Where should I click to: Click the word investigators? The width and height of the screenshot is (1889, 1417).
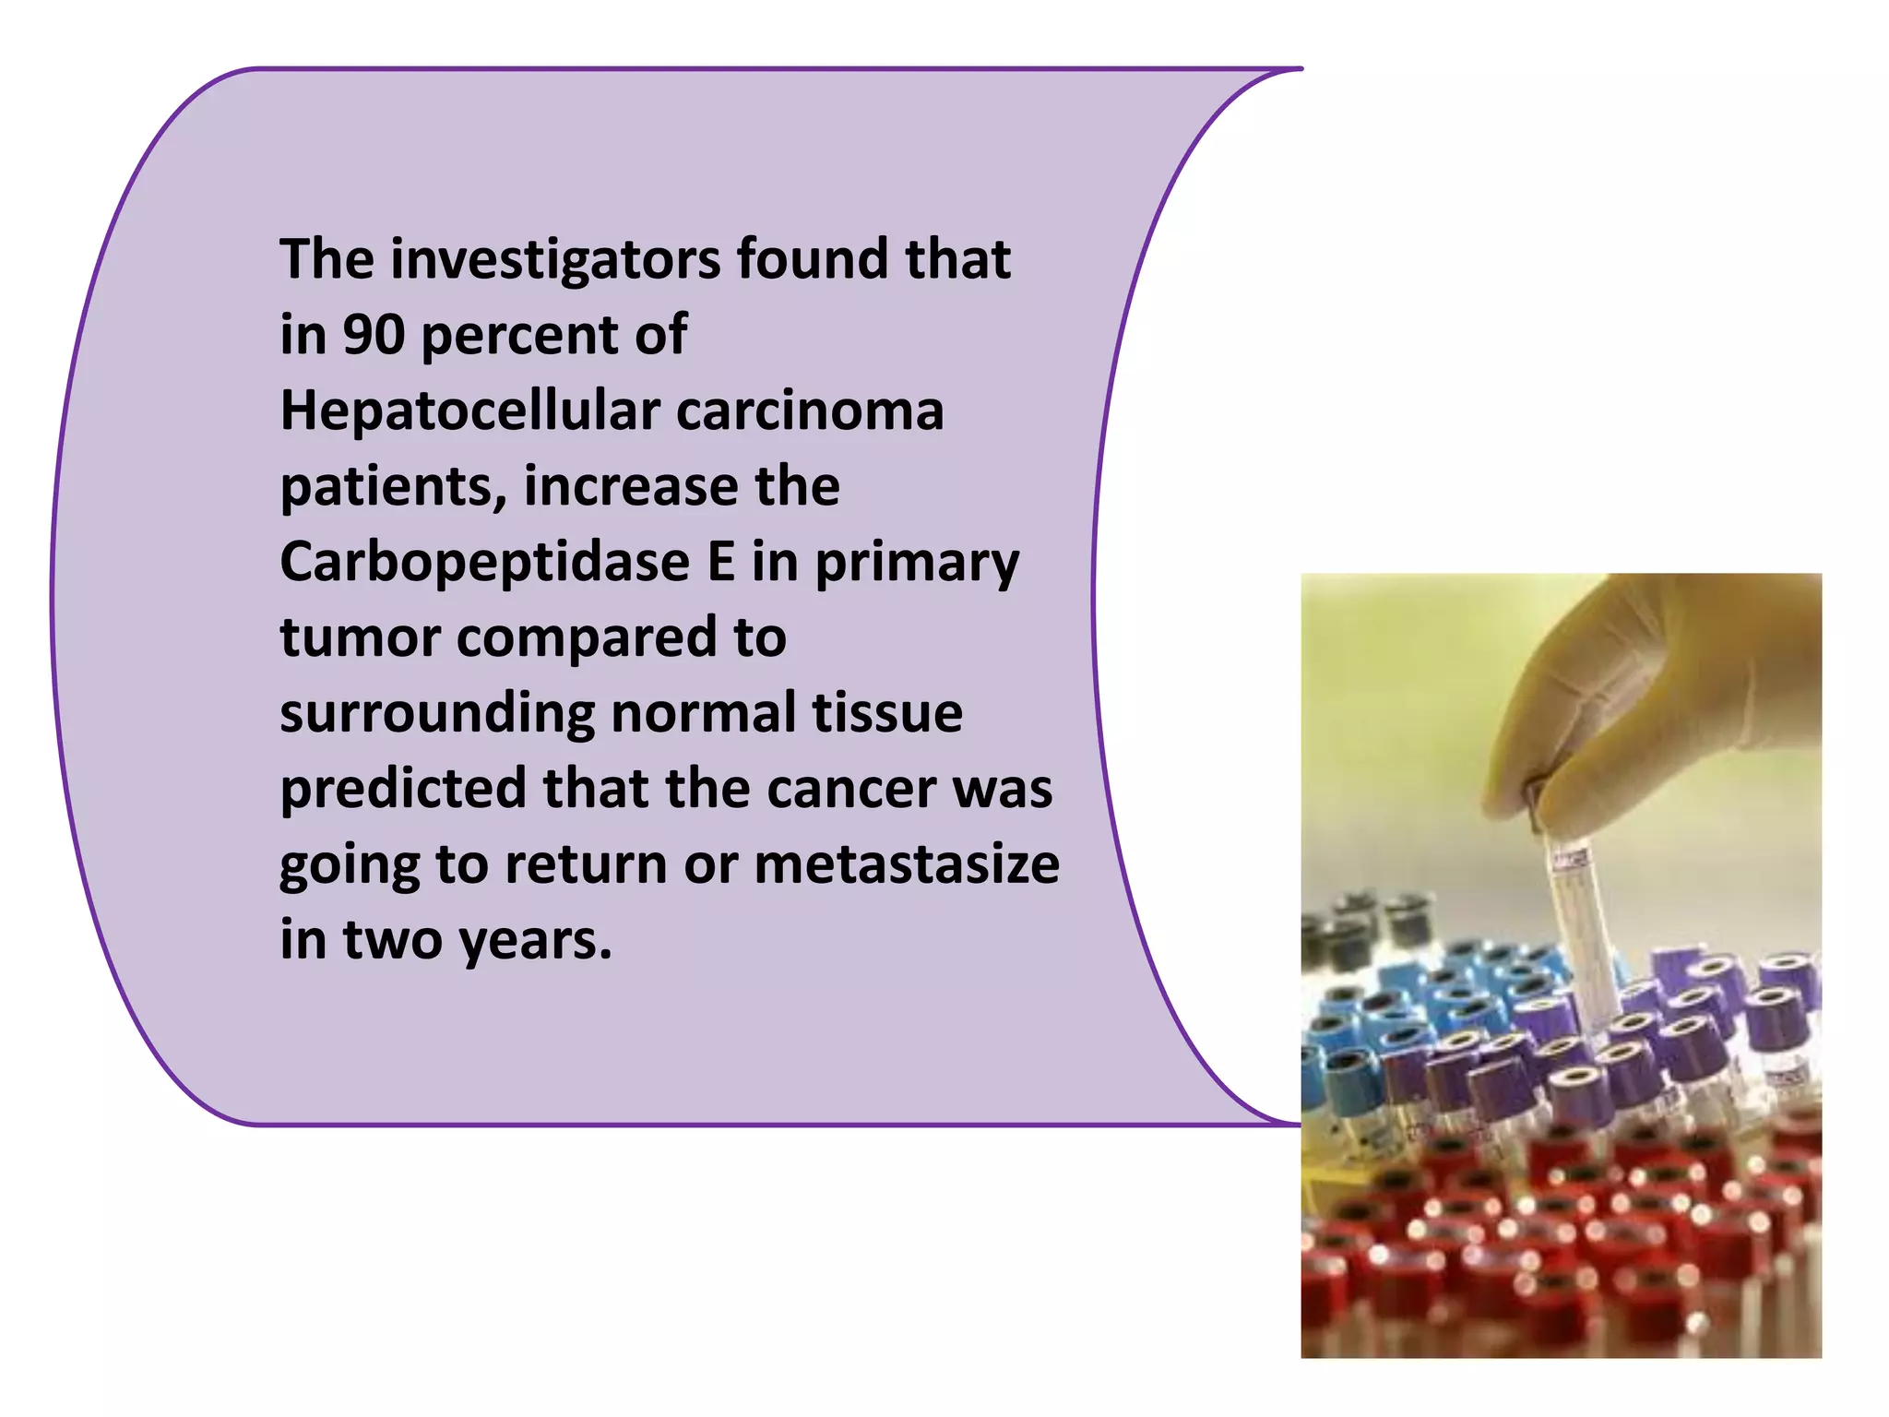555,259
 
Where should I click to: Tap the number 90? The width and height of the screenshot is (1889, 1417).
374,335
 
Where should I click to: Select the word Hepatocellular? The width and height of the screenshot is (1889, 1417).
470,411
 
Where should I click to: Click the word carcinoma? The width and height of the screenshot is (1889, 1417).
810,411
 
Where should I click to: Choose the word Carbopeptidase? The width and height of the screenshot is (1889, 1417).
484,563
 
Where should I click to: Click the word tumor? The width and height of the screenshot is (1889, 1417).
360,638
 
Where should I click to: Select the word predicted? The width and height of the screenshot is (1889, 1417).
403,790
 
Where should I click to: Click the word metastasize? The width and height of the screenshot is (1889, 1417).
907,864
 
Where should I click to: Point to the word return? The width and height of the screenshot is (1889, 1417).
586,865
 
